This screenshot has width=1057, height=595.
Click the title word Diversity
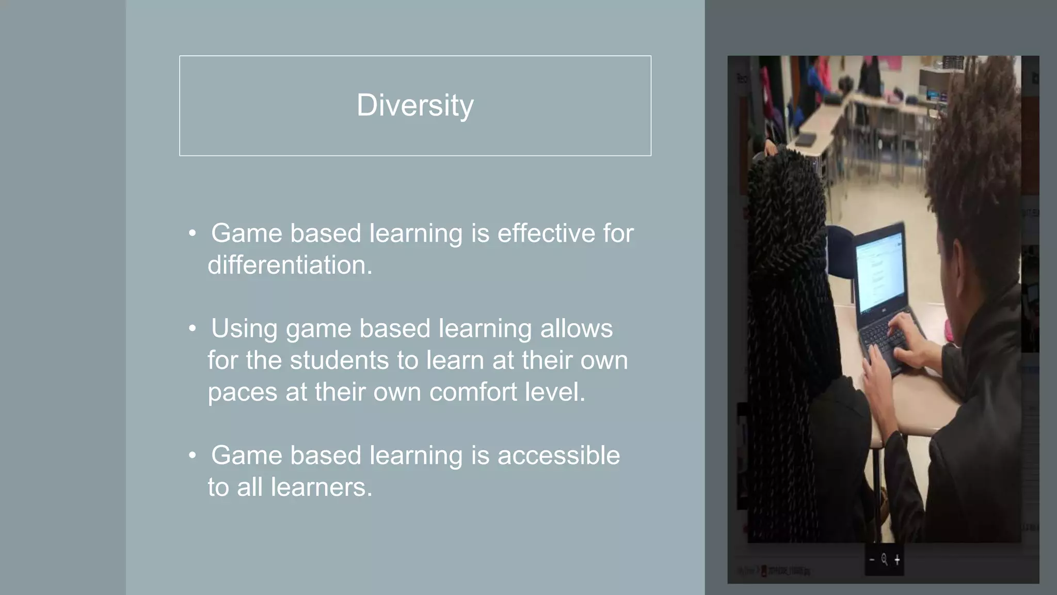(x=415, y=105)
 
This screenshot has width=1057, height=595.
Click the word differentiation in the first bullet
(x=290, y=265)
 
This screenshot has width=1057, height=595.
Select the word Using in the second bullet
(x=244, y=328)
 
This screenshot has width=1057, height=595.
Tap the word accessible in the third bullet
(x=558, y=456)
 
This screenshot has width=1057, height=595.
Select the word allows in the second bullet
(x=576, y=328)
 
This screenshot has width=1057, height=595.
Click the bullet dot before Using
(x=193, y=328)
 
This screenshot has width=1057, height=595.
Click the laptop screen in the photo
(x=881, y=271)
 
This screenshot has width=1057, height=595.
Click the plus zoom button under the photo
(x=897, y=559)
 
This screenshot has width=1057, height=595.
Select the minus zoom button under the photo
(x=872, y=559)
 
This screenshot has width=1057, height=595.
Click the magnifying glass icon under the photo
(x=884, y=559)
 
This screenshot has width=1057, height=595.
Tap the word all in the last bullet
(x=250, y=487)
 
